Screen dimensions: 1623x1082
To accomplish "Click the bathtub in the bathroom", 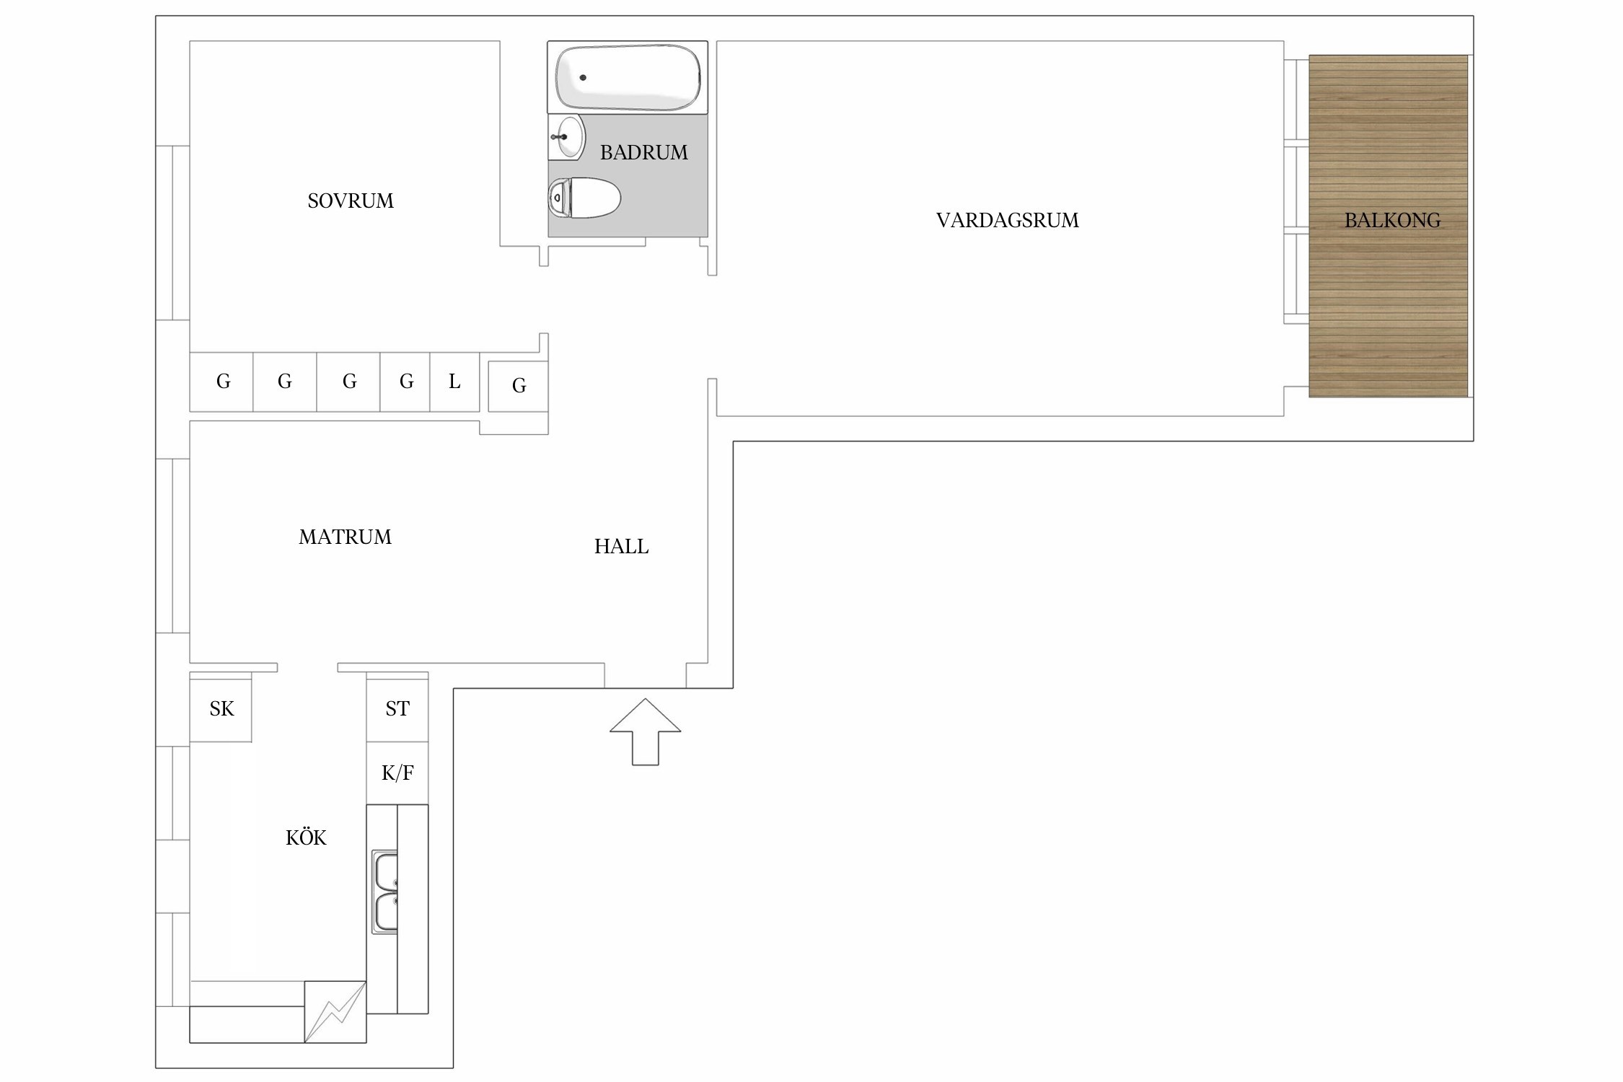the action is point(628,77).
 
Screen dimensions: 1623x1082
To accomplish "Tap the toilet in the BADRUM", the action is point(584,197).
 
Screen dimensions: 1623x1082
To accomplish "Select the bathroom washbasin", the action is point(567,136).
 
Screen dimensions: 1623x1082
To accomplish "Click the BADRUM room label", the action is point(643,152).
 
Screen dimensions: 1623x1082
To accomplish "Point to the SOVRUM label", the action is point(351,201).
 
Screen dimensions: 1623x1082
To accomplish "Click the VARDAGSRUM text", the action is point(1007,220).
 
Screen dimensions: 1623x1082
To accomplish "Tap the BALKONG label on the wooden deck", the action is point(1392,220).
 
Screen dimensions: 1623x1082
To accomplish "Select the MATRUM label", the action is point(345,537).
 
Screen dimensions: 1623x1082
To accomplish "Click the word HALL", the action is point(621,547).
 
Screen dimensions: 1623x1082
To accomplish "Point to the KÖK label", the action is point(306,837).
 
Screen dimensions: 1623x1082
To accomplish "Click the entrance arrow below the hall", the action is point(645,731).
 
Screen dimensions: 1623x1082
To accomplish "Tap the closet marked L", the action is point(454,382).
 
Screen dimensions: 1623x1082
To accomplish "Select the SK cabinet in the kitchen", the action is point(221,707).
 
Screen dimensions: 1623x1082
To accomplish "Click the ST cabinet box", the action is point(397,707).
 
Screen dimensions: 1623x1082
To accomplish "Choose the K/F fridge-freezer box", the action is point(397,773).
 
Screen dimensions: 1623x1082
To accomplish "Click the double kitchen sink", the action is point(384,892).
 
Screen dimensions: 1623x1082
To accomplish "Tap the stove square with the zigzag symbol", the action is point(335,1011).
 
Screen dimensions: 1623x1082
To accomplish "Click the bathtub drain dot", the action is point(583,77).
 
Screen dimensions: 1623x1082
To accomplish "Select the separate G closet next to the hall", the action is point(518,386).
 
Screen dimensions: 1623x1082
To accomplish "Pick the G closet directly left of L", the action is point(405,382).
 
